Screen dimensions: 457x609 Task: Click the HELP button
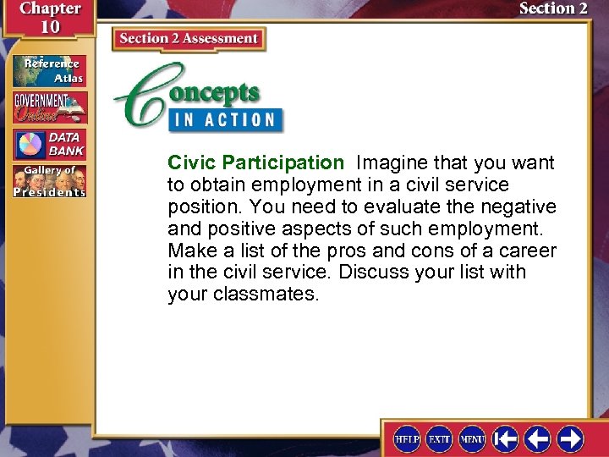tap(407, 438)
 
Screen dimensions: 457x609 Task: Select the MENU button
tap(472, 438)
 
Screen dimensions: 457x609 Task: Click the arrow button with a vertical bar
tap(506, 438)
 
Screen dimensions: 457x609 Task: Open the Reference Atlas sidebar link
tap(49, 71)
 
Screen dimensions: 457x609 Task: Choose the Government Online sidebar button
tap(49, 107)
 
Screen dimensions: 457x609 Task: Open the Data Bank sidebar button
tap(49, 144)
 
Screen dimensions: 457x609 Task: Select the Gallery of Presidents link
tap(49, 181)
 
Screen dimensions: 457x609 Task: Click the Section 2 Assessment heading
tap(189, 38)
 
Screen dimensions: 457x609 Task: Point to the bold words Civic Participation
tap(255, 162)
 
